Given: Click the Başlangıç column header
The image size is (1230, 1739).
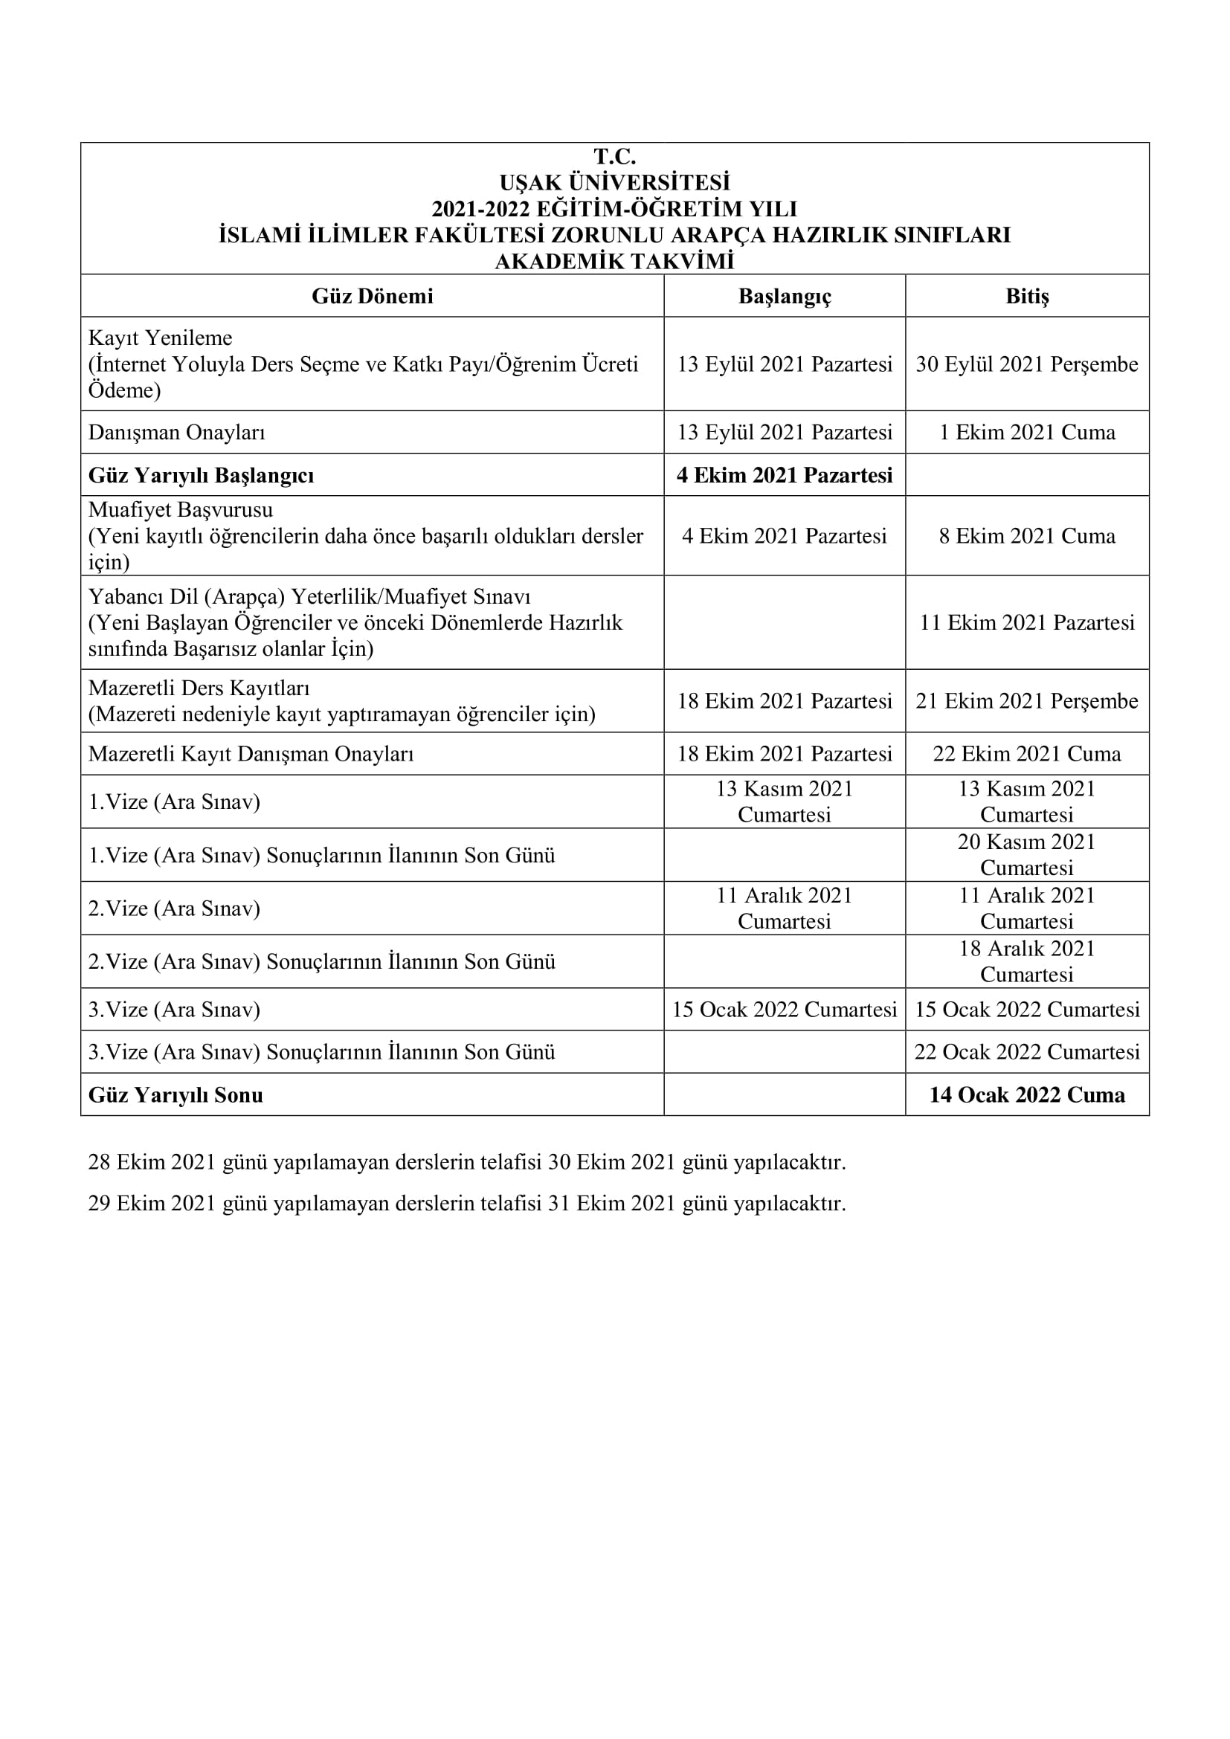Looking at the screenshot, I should click(785, 296).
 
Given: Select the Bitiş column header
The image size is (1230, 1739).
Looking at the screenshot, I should click(1027, 296).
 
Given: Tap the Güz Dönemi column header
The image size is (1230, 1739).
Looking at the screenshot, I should click(373, 296).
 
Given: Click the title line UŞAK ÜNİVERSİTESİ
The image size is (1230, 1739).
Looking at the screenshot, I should click(614, 183).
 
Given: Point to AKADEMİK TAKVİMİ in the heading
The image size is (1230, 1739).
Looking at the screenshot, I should click(614, 261).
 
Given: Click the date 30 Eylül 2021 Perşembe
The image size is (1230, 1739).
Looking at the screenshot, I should click(1027, 364).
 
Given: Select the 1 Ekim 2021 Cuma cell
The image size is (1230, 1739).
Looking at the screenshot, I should click(1027, 433).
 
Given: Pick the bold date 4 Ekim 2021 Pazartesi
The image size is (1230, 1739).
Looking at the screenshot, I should click(785, 476).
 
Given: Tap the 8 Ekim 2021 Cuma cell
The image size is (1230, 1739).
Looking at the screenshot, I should click(1027, 536).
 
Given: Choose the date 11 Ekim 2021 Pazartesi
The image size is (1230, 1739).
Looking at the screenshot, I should click(1027, 622).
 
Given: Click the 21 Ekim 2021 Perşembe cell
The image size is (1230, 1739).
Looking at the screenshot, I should click(1027, 701).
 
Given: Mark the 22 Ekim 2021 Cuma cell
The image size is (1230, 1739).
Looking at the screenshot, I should click(1027, 754).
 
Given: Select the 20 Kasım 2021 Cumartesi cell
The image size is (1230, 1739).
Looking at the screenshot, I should click(1027, 854).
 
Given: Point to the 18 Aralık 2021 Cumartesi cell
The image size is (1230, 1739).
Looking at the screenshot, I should click(1027, 961).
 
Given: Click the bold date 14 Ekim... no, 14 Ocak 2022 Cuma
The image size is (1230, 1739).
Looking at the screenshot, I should click(1027, 1095).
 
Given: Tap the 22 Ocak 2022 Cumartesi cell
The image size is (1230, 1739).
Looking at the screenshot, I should click(1027, 1052).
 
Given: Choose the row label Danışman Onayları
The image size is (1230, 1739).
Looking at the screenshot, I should click(176, 433).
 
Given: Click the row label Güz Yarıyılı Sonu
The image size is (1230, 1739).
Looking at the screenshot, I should click(176, 1095).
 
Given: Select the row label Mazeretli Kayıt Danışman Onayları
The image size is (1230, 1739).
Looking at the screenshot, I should click(251, 754).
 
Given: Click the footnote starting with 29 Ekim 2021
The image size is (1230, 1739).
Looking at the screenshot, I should click(466, 1204).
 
